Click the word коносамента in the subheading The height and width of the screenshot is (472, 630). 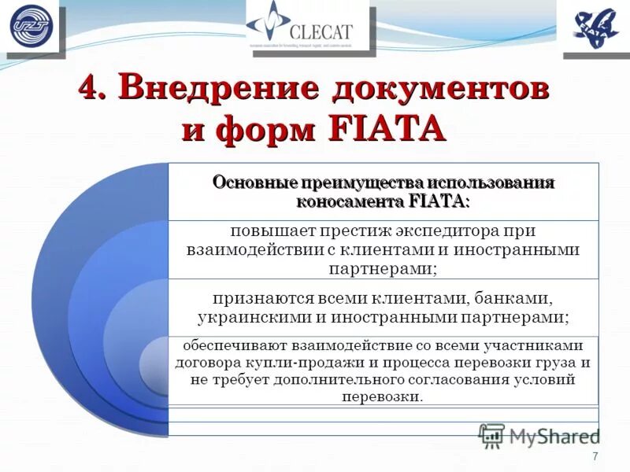(x=350, y=201)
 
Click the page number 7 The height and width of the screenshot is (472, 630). (x=595, y=457)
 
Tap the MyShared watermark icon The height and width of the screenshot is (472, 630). (x=491, y=435)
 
